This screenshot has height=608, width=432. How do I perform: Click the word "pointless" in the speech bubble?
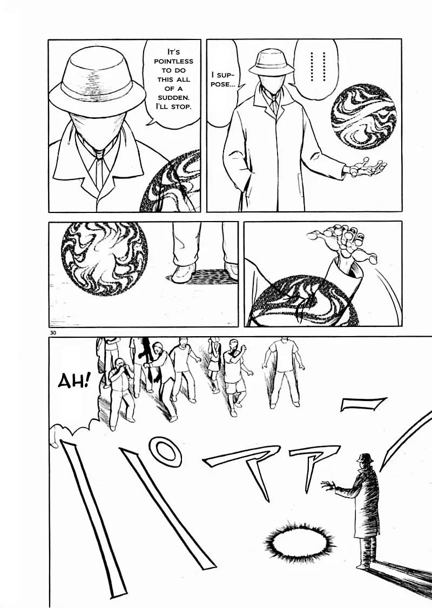pyautogui.click(x=173, y=61)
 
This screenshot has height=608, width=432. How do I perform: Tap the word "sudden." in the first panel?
pyautogui.click(x=173, y=97)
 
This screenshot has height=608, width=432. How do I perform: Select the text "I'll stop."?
pyautogui.click(x=173, y=106)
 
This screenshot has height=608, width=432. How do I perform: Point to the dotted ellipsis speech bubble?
pyautogui.click(x=315, y=66)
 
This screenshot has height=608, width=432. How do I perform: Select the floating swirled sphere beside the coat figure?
pyautogui.click(x=363, y=117)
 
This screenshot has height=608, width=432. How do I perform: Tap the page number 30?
pyautogui.click(x=53, y=333)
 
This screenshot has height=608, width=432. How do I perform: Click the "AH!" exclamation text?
pyautogui.click(x=73, y=382)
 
